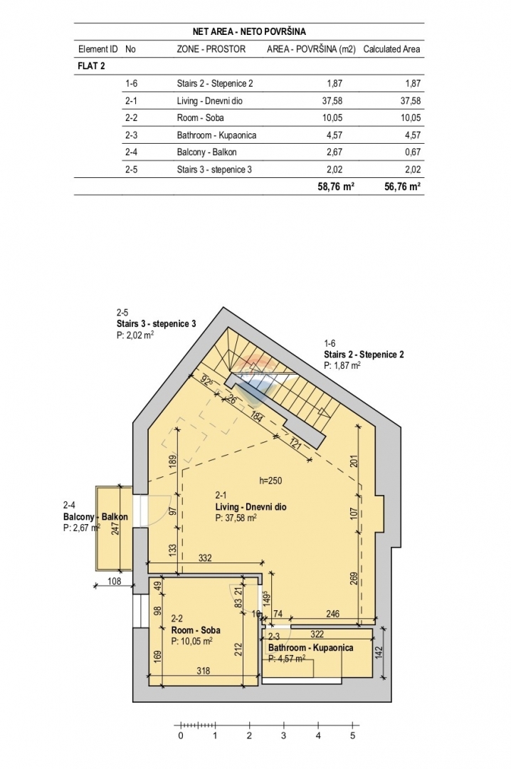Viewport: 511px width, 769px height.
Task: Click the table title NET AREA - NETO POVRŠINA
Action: pyautogui.click(x=249, y=31)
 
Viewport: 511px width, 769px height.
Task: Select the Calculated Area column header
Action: pyautogui.click(x=392, y=50)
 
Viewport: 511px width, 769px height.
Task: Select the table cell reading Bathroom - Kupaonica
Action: pyautogui.click(x=216, y=135)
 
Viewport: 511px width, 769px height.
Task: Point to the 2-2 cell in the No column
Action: pyautogui.click(x=131, y=117)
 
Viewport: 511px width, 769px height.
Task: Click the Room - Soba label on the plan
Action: pyautogui.click(x=196, y=630)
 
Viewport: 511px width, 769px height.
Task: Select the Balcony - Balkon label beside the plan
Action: pyautogui.click(x=95, y=517)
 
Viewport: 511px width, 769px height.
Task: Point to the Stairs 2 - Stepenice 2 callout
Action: pyautogui.click(x=364, y=354)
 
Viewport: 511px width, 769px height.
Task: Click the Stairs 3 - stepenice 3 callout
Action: pyautogui.click(x=156, y=323)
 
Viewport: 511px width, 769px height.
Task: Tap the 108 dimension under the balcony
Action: pyautogui.click(x=115, y=581)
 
